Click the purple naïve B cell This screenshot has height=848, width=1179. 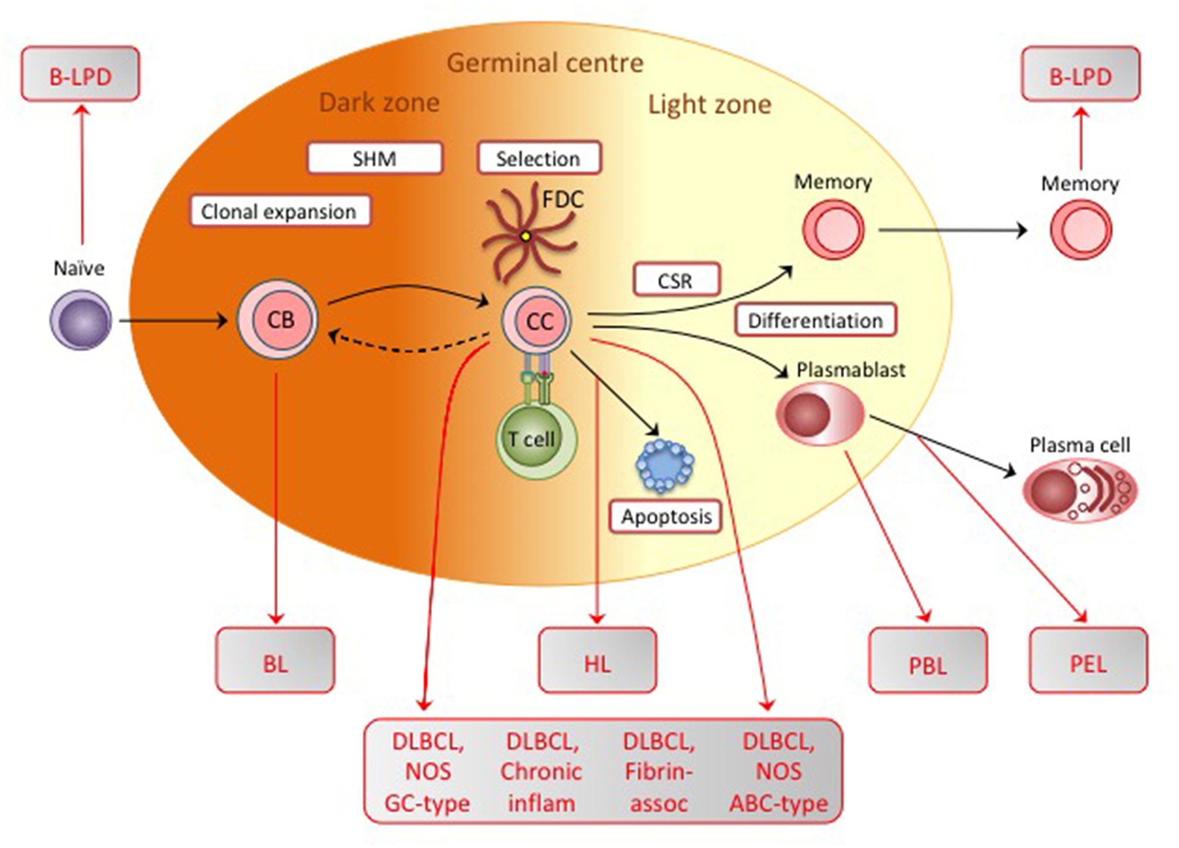tap(80, 321)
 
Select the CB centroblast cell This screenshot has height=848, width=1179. tap(278, 319)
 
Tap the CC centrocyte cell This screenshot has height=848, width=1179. tap(537, 321)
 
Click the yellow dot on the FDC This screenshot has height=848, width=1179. tap(526, 237)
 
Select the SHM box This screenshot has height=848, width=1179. tap(375, 158)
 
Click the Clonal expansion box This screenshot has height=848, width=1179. tap(279, 211)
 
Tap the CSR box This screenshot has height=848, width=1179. tap(676, 280)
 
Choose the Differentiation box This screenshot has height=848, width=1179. tap(815, 320)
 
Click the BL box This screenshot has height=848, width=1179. tap(275, 661)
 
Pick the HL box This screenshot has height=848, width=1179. tap(597, 661)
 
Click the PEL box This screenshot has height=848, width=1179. tap(1088, 661)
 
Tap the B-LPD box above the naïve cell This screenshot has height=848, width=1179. tap(80, 75)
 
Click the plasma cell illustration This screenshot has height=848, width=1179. tap(1079, 490)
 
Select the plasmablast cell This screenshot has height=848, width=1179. tap(820, 413)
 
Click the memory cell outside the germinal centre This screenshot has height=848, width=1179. tap(1080, 230)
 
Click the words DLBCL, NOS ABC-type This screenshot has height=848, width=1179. tap(778, 772)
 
